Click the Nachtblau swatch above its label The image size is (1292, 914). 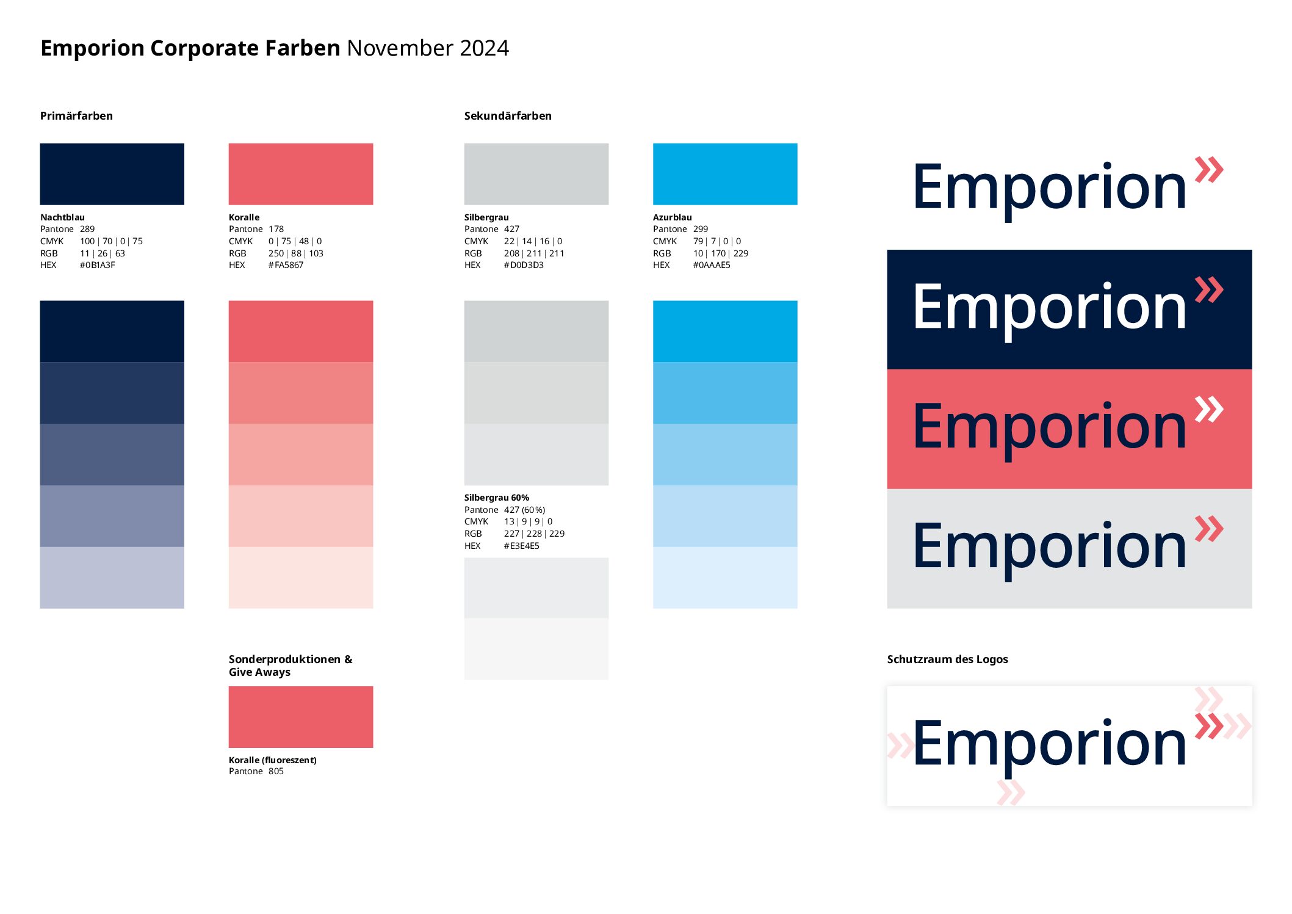click(112, 174)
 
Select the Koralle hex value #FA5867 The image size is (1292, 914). click(286, 265)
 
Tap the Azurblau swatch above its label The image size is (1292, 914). click(725, 174)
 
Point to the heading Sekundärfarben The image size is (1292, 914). click(508, 116)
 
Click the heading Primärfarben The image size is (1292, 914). click(76, 116)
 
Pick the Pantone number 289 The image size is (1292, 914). click(87, 229)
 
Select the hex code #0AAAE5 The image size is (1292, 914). click(712, 265)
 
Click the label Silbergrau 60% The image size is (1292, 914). click(496, 498)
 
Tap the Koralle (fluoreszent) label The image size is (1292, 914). click(273, 760)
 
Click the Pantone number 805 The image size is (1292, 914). click(276, 771)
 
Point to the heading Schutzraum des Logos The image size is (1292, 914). click(947, 659)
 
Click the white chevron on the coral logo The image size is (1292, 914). click(1209, 409)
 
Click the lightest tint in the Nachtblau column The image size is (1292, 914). click(112, 578)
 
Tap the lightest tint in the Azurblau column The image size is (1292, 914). click(725, 578)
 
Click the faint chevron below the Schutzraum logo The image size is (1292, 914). click(1011, 792)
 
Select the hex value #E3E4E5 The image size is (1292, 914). click(522, 546)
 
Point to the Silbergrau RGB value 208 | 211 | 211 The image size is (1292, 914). click(534, 253)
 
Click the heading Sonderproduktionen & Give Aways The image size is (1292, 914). click(291, 666)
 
